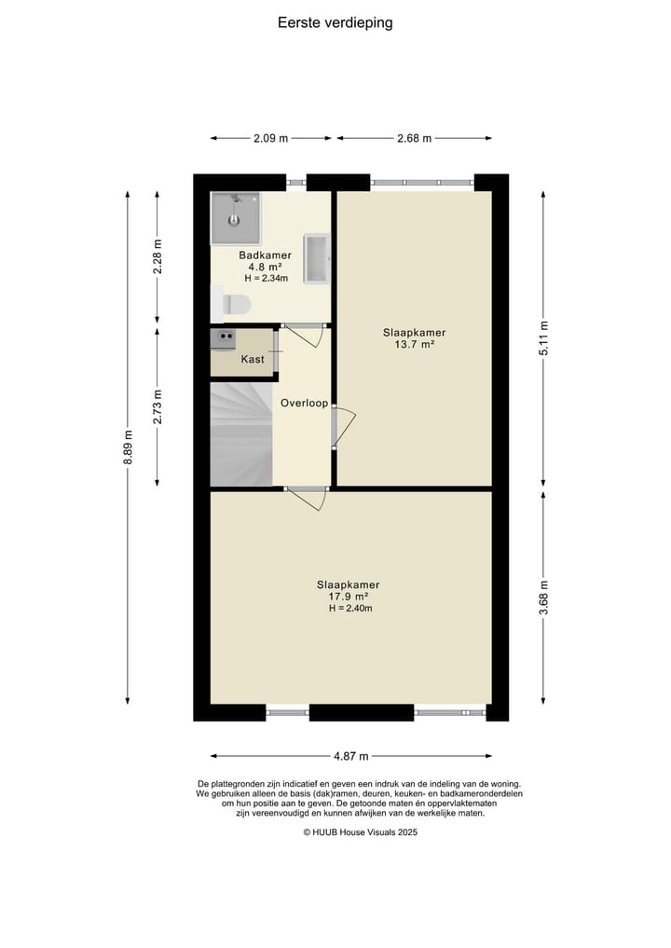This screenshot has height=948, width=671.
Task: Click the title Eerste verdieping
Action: pyautogui.click(x=335, y=23)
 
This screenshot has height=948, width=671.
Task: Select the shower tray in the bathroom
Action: pyautogui.click(x=235, y=218)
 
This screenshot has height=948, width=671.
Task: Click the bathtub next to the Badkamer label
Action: pyautogui.click(x=316, y=259)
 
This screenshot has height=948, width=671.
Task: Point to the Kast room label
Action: pyautogui.click(x=253, y=359)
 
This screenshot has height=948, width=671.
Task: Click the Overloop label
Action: pyautogui.click(x=304, y=403)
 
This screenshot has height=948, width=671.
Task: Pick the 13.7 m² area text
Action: pyautogui.click(x=414, y=345)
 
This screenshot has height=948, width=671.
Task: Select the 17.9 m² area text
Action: pyautogui.click(x=349, y=597)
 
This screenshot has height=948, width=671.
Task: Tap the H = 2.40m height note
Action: pyautogui.click(x=350, y=608)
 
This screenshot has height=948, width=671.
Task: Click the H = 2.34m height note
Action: pyautogui.click(x=266, y=278)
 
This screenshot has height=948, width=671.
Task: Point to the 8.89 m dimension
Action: pyautogui.click(x=128, y=447)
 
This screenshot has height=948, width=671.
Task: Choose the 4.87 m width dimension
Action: pyautogui.click(x=351, y=756)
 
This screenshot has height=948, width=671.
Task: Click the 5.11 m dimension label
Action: pyautogui.click(x=543, y=338)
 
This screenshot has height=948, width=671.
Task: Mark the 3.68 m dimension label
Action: pyautogui.click(x=543, y=598)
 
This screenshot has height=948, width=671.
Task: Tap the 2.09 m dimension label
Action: pyautogui.click(x=271, y=138)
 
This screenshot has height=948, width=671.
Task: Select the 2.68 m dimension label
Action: pyautogui.click(x=414, y=138)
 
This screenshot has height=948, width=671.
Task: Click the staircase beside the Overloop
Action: pyautogui.click(x=241, y=434)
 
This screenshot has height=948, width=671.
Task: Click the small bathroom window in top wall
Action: pyautogui.click(x=296, y=182)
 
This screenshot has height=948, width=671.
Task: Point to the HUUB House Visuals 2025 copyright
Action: pyautogui.click(x=361, y=831)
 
